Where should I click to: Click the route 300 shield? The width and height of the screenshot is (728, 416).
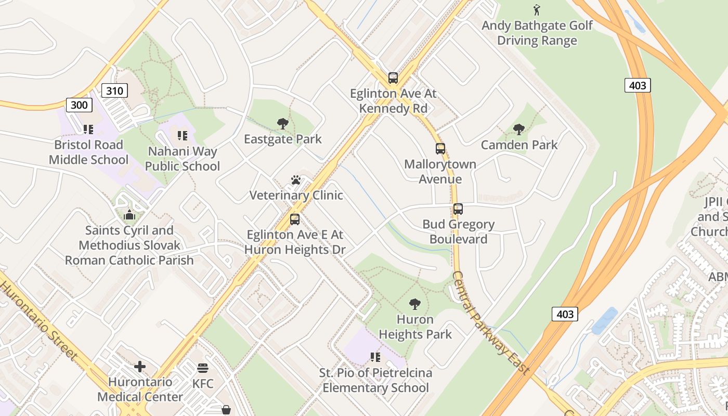point(79,105)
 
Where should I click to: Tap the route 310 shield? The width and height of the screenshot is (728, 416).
point(114,91)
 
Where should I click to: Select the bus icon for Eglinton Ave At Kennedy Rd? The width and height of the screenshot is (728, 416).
point(393,78)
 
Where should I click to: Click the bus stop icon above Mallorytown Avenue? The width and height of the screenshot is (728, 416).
point(440,149)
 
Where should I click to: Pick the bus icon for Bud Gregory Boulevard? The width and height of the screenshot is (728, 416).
point(458,209)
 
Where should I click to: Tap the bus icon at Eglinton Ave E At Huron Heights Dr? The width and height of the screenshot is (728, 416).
point(295,219)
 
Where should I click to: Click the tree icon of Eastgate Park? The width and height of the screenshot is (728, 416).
point(283,124)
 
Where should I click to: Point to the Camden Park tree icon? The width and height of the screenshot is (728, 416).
point(518,129)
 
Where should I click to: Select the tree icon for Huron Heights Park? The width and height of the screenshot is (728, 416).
point(415,304)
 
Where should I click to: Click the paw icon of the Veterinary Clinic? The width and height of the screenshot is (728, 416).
point(296,180)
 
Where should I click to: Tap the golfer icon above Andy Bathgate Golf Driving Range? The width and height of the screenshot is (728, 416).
point(537,10)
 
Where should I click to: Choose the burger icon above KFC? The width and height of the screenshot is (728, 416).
point(203,369)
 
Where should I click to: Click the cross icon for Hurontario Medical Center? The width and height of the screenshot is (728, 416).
point(140,367)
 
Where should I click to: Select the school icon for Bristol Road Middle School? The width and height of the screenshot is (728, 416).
point(88,129)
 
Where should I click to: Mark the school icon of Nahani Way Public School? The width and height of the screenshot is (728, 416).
point(183,136)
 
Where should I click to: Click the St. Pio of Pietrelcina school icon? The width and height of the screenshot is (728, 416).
point(375,357)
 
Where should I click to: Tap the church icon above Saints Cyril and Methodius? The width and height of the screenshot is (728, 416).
point(129,215)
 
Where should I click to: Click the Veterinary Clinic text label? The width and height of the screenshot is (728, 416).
point(296,196)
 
